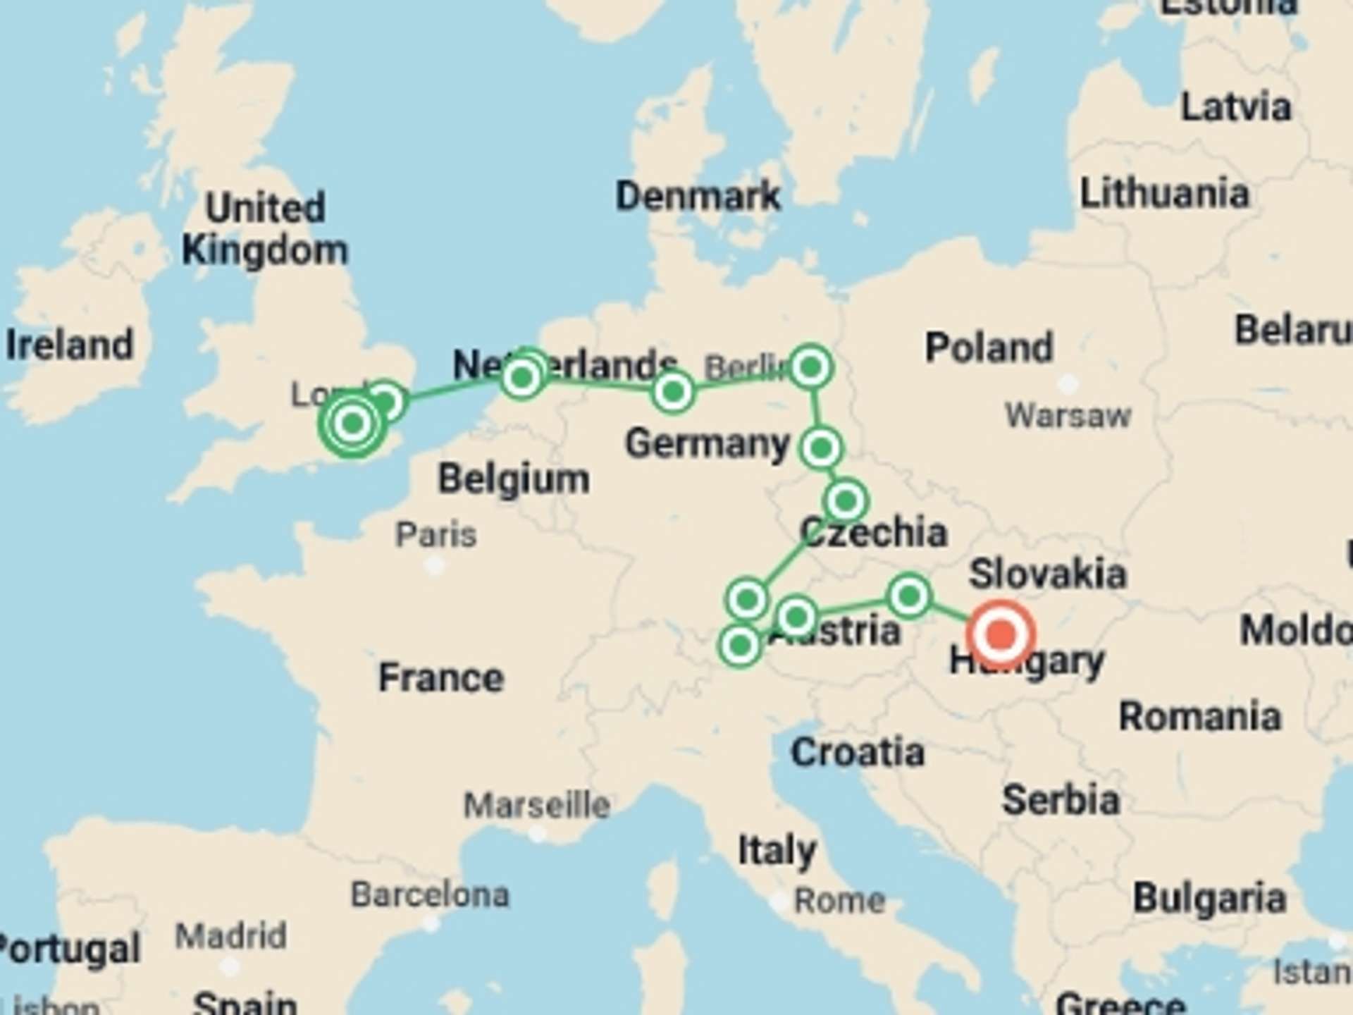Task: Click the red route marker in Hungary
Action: pos(1001,634)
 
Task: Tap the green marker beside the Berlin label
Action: pos(810,367)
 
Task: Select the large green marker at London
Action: pos(352,424)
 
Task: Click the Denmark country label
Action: pos(698,195)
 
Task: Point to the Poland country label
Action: pos(989,347)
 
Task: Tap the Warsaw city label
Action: pos(1068,415)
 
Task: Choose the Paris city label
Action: pos(435,534)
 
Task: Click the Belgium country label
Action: pos(514,479)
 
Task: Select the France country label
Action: pos(441,677)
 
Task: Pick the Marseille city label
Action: pos(536,804)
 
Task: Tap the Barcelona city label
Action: pos(430,894)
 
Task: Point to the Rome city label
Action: pos(839,900)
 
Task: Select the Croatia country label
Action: pos(858,752)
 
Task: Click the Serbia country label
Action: pos(1061,800)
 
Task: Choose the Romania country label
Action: pos(1199,716)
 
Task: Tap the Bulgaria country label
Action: pos(1209,899)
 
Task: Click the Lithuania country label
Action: pos(1164,193)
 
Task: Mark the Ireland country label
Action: pos(69,345)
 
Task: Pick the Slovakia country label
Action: pos(1047,574)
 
